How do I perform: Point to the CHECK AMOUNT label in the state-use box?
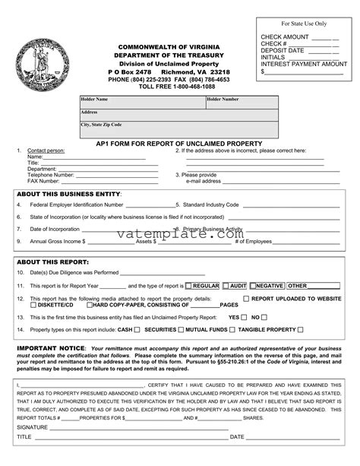[285, 36]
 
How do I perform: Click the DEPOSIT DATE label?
[283, 50]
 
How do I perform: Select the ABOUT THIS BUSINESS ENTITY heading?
[68, 194]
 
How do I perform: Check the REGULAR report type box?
[188, 286]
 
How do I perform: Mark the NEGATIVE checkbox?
[253, 286]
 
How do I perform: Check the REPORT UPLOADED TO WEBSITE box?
[245, 299]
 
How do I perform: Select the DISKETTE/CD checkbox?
[33, 305]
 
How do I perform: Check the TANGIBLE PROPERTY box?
[301, 330]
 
